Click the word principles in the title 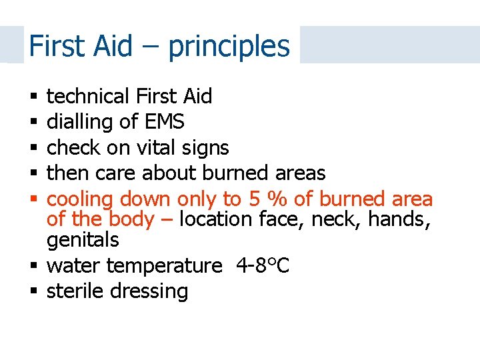click(229, 47)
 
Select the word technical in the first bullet click(88, 97)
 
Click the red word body click(131, 219)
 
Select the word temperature click(163, 266)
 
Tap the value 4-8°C click(263, 265)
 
